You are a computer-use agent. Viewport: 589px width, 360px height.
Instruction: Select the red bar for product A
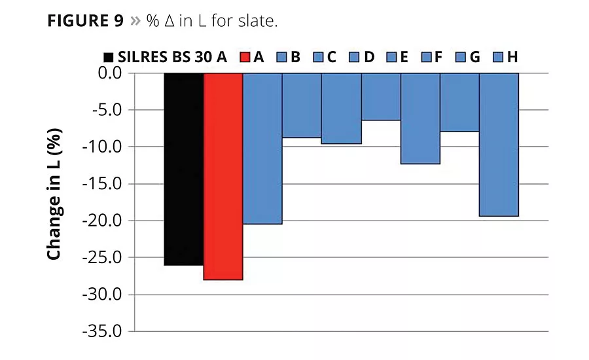(223, 176)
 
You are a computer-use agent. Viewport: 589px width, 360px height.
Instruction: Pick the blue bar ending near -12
(419, 118)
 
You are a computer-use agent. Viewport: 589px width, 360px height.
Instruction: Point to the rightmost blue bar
(499, 145)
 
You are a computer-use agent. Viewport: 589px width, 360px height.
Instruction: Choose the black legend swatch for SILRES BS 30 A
(109, 57)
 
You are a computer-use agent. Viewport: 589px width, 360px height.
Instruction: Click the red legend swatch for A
(245, 57)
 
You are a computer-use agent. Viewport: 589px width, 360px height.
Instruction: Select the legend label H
(512, 57)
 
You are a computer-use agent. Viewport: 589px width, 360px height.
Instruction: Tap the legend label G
(474, 57)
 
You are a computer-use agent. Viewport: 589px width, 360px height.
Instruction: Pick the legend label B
(295, 57)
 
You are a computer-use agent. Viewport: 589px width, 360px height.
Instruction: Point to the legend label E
(403, 57)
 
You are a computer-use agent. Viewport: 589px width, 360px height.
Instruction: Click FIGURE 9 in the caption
(85, 21)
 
